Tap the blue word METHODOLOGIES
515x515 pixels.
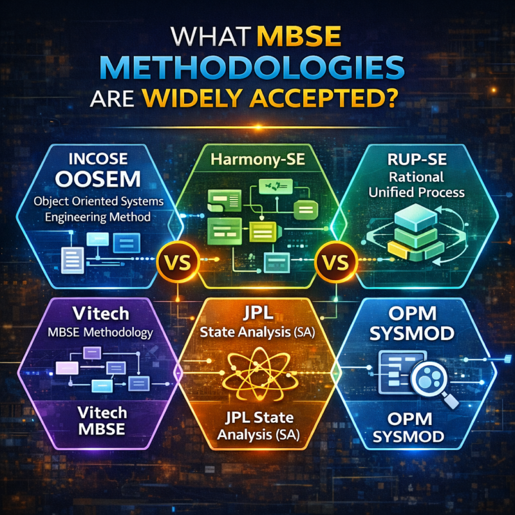coord(257,69)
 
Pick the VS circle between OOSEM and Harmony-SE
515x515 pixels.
coord(175,264)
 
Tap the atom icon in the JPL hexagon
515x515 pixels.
coord(257,373)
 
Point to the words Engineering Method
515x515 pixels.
coord(100,217)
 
